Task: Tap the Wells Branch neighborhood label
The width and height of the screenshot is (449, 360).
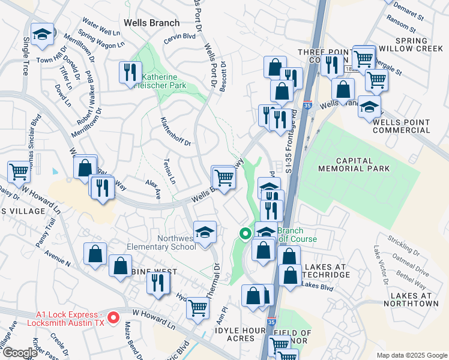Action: [x=151, y=23]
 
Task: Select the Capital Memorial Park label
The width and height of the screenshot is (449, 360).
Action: [x=363, y=165]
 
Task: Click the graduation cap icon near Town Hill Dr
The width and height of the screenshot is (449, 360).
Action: [x=43, y=35]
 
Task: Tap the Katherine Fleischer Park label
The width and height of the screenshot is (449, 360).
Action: [x=164, y=82]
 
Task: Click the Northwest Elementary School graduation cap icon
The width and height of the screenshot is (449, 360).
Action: [x=205, y=232]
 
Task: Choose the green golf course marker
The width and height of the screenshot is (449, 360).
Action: [x=245, y=234]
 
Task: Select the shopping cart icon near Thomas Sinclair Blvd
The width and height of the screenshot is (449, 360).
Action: [x=19, y=172]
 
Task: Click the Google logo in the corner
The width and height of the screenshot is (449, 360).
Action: [x=20, y=353]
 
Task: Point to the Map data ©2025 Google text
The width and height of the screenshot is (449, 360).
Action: [x=411, y=355]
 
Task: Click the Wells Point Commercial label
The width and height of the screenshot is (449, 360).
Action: [x=401, y=126]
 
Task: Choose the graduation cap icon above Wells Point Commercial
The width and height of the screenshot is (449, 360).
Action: [x=369, y=107]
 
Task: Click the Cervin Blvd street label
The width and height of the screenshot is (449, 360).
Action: [x=182, y=37]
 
